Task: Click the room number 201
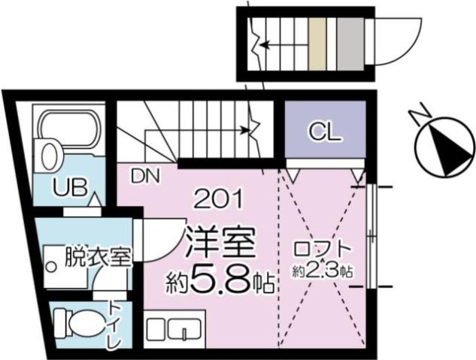[x=218, y=199]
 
